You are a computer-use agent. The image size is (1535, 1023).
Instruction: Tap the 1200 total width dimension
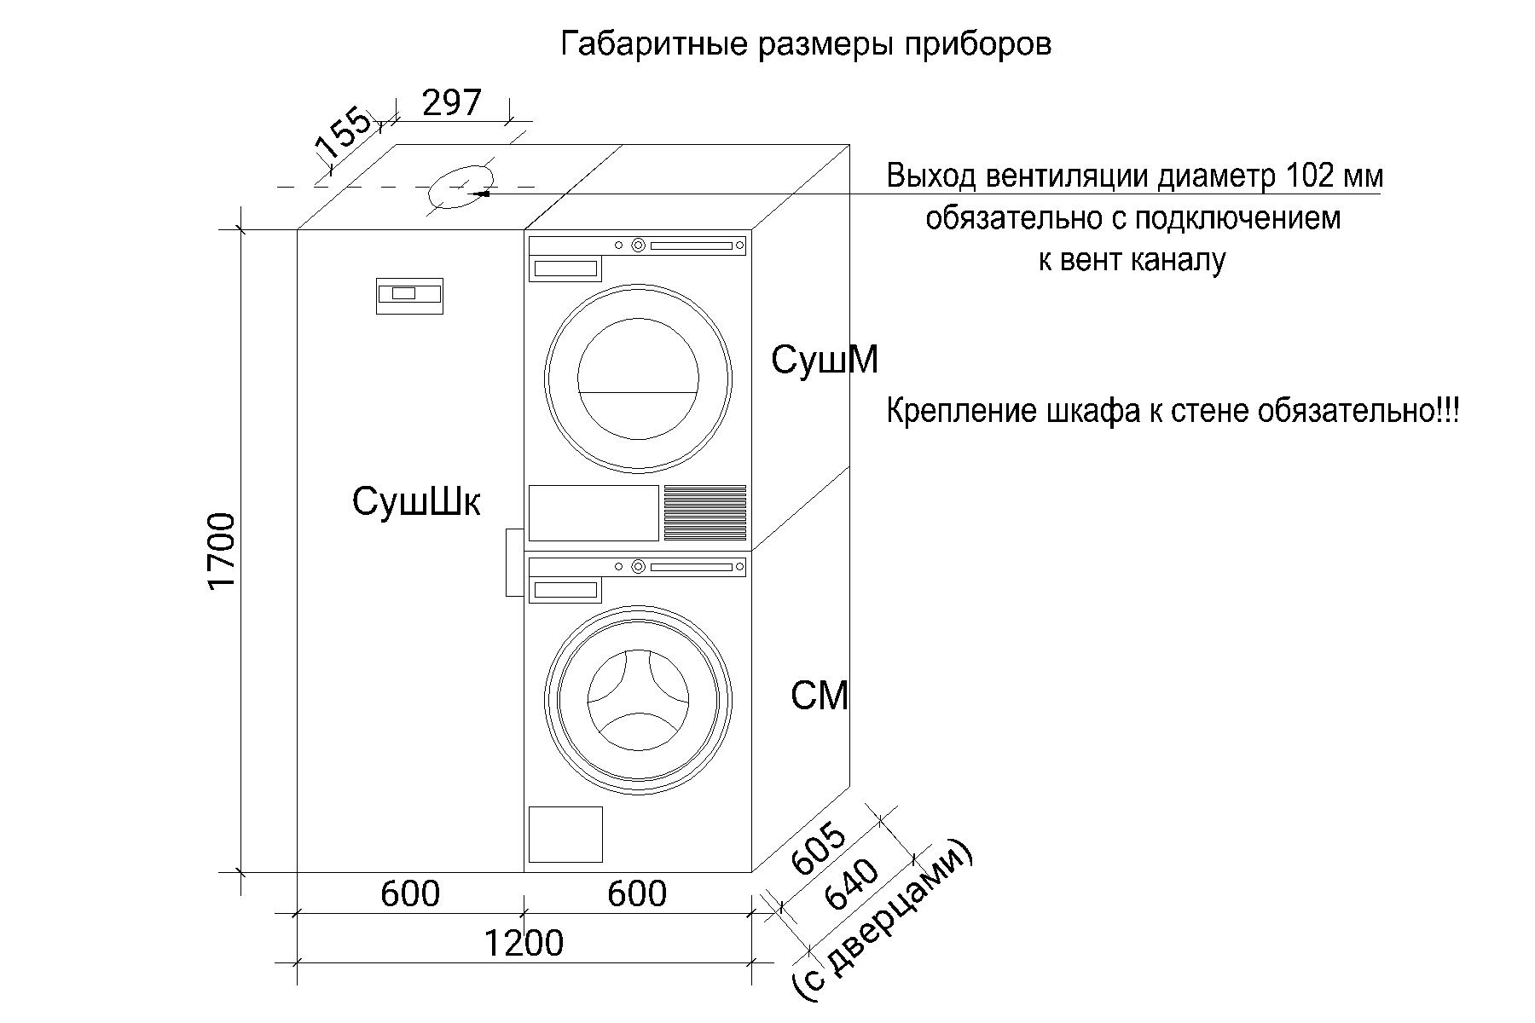[524, 943]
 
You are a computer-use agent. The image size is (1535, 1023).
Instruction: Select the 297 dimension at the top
[452, 102]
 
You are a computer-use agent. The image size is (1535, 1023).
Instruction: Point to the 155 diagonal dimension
[344, 135]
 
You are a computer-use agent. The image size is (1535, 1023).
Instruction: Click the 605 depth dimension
[820, 850]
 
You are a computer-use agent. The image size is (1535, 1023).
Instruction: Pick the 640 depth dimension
[852, 885]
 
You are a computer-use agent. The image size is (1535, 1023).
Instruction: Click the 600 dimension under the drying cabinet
[410, 893]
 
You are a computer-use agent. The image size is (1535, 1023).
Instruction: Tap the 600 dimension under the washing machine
[637, 893]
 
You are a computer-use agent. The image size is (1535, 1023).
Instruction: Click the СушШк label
[416, 501]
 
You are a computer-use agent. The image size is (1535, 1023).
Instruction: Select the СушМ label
[825, 360]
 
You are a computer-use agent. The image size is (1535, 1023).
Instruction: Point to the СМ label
[820, 696]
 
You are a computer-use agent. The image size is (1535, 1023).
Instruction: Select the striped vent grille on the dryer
[705, 512]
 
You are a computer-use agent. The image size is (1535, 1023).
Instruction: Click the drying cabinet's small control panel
[409, 296]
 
